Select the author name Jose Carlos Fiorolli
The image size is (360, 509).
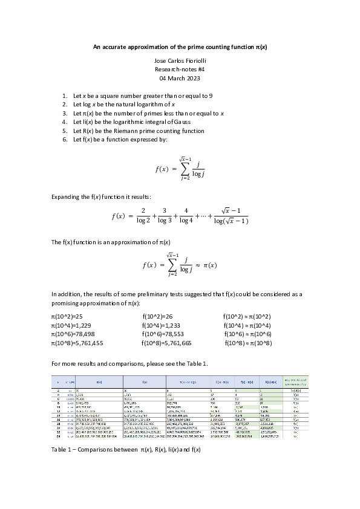[x=180, y=62]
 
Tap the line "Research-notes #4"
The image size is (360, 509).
[x=180, y=70]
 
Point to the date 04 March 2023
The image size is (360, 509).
[x=180, y=79]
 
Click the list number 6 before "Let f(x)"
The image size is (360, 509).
[x=65, y=139]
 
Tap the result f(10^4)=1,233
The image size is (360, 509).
[x=160, y=325]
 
